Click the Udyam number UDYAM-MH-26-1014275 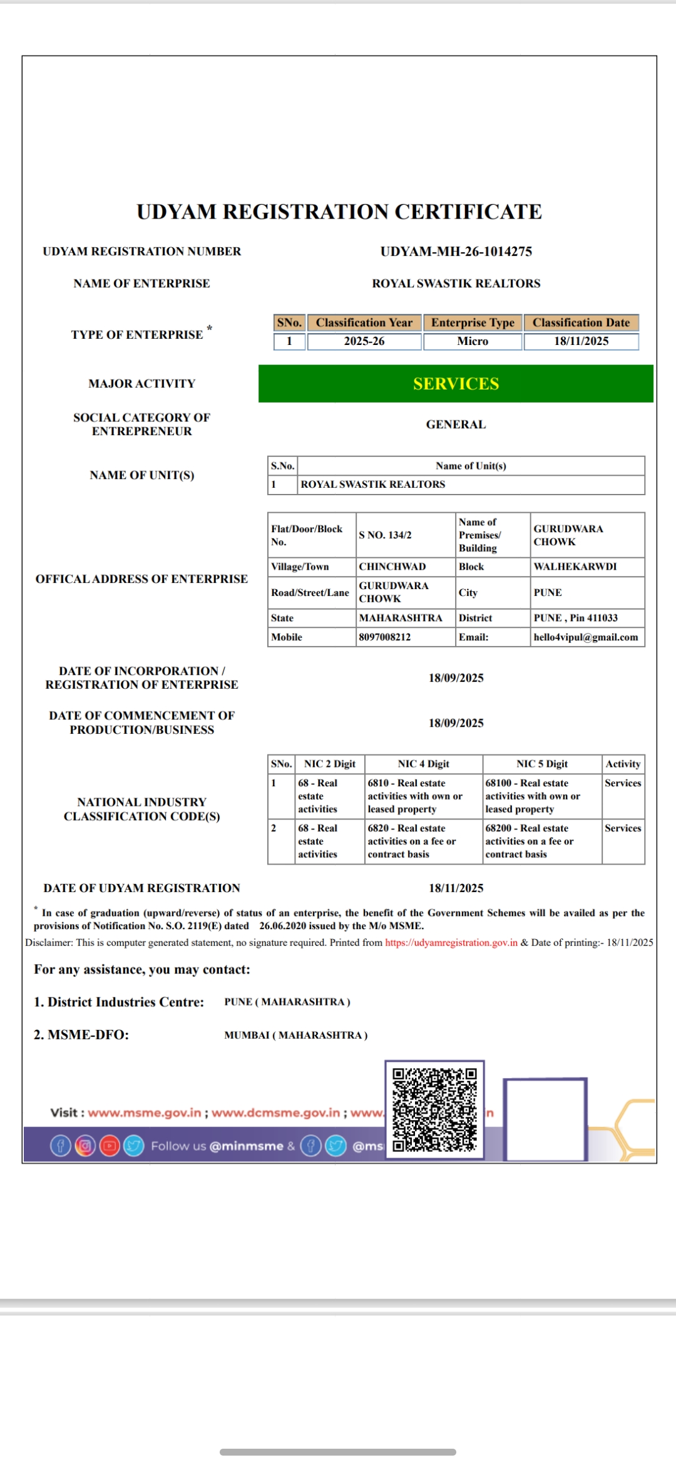(456, 252)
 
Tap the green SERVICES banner (456, 384)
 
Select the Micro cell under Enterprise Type (473, 341)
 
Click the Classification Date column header (581, 322)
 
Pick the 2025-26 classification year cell (364, 341)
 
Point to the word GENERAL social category (456, 424)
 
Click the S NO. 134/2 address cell (385, 535)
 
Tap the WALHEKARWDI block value (575, 567)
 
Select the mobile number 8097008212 (385, 637)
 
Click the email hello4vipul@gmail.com (586, 637)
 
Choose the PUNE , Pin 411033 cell (575, 618)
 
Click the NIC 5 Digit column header (542, 764)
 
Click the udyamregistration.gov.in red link (451, 943)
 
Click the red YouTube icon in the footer (110, 1146)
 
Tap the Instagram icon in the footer (85, 1146)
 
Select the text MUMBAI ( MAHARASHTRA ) (296, 1036)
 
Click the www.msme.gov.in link (145, 1113)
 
